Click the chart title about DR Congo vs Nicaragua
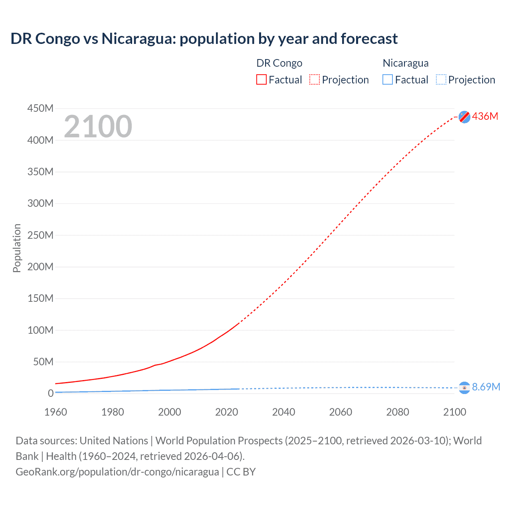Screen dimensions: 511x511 204,39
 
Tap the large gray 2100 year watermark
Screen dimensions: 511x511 98,127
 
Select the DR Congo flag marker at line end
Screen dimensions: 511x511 464,117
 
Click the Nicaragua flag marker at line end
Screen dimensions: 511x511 464,387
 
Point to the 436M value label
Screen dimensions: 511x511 485,116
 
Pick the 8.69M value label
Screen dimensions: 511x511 486,387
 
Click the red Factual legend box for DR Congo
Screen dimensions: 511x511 261,80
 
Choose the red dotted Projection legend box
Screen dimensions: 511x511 315,80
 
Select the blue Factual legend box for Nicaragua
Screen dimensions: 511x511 388,80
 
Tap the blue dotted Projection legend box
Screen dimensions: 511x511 441,80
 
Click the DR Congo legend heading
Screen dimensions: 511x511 279,63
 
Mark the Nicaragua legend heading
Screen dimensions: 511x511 406,63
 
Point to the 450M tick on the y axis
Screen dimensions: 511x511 40,108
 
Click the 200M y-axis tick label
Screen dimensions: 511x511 40,267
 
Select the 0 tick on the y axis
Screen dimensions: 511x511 50,393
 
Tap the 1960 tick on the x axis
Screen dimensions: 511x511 55,412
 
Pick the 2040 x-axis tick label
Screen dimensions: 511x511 283,412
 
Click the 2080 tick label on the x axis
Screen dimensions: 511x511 398,412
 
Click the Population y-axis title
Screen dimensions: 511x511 17,248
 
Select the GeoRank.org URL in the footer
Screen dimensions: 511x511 117,472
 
